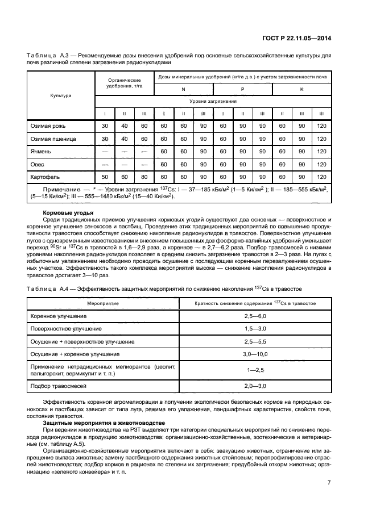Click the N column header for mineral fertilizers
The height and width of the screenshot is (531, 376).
(x=183, y=89)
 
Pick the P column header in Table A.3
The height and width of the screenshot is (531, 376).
(x=242, y=89)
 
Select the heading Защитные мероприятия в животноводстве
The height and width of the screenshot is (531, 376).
(x=104, y=423)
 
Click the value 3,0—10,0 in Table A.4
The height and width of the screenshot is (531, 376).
(x=255, y=354)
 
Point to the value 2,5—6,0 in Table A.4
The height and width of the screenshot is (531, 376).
(x=255, y=315)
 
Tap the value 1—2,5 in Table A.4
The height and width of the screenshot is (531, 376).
(x=255, y=370)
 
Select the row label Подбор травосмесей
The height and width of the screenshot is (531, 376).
(x=59, y=386)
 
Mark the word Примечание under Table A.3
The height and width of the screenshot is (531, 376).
(x=61, y=190)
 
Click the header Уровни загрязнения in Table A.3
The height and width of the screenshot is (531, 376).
(x=212, y=101)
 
